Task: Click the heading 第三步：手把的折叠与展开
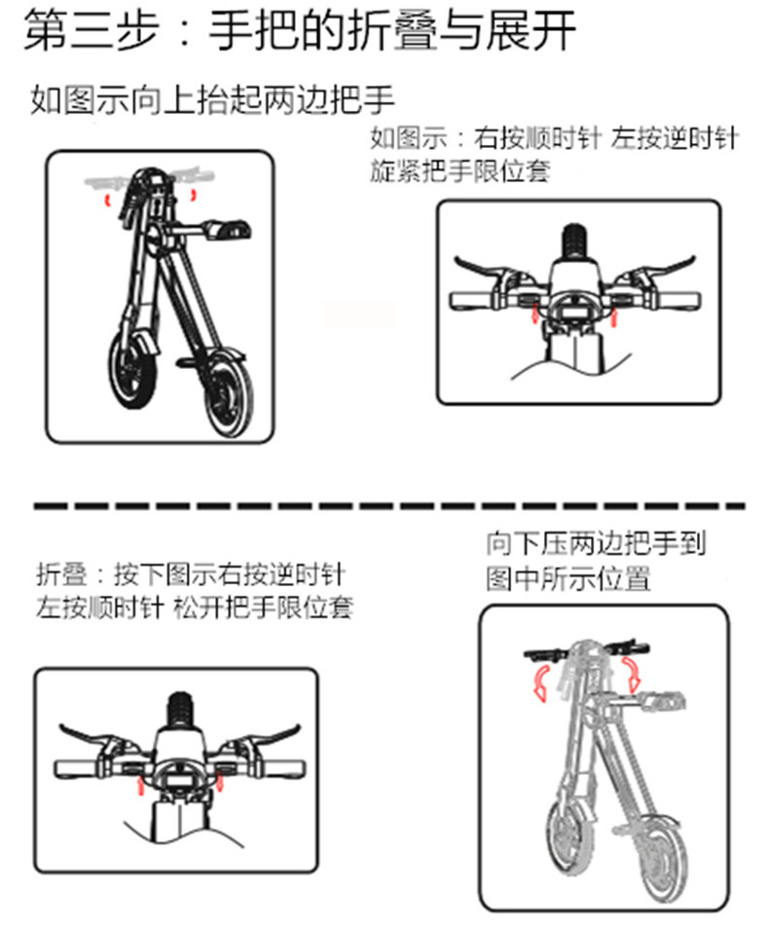(x=300, y=31)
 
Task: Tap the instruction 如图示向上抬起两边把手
(x=212, y=99)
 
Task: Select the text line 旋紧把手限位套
(x=459, y=171)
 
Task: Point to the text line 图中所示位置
(x=567, y=578)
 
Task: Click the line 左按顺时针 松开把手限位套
(x=195, y=608)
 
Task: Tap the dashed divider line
(x=389, y=506)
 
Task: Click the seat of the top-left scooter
(x=228, y=228)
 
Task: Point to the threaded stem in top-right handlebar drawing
(x=573, y=241)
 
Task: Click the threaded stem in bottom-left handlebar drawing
(x=180, y=712)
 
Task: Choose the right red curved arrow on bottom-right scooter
(x=632, y=675)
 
